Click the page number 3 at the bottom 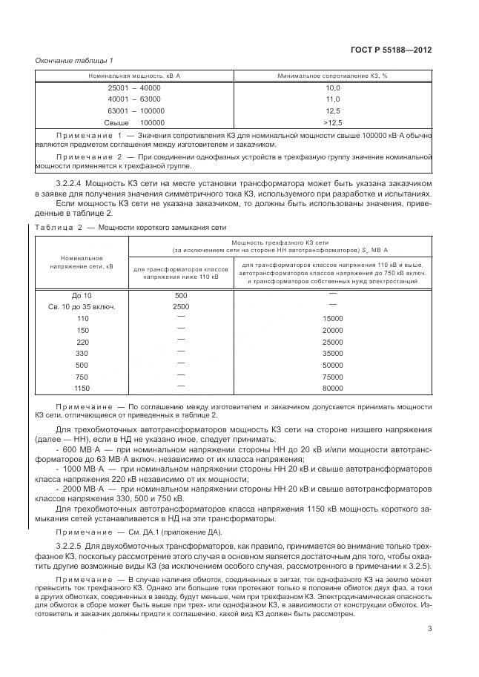pyautogui.click(x=429, y=650)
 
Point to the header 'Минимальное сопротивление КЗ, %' pyautogui.click(x=332, y=76)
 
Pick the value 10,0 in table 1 pyautogui.click(x=332, y=87)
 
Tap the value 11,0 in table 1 pyautogui.click(x=332, y=99)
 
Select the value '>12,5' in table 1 pyautogui.click(x=332, y=122)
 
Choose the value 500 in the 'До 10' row pyautogui.click(x=181, y=295)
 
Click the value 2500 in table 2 pyautogui.click(x=181, y=306)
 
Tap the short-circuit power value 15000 pyautogui.click(x=332, y=318)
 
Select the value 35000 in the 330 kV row pyautogui.click(x=332, y=354)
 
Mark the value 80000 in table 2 pyautogui.click(x=332, y=388)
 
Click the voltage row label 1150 pyautogui.click(x=82, y=388)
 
